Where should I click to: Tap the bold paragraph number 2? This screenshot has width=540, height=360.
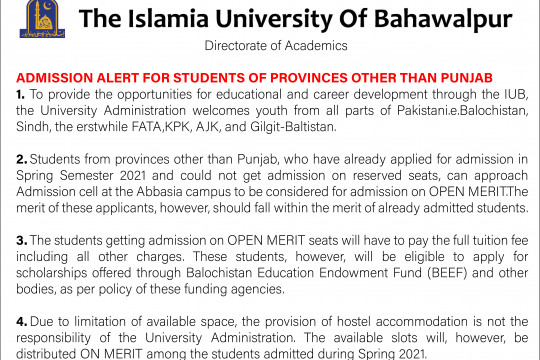(20, 159)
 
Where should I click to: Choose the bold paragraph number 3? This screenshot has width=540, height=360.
(20, 240)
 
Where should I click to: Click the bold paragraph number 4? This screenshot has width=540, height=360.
(20, 322)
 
